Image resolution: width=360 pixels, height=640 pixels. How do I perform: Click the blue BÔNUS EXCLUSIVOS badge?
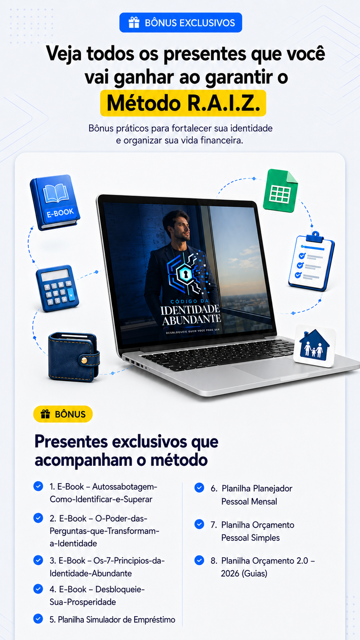[181, 23]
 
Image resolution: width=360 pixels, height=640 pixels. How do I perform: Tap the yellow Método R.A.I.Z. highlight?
[183, 103]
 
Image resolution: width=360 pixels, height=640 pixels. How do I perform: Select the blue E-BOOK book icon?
[55, 202]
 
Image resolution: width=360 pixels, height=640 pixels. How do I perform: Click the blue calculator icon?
[57, 288]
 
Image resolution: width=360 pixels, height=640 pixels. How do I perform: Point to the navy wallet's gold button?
[84, 360]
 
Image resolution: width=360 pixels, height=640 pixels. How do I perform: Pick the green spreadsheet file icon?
[280, 191]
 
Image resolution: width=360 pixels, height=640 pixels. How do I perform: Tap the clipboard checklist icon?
[311, 261]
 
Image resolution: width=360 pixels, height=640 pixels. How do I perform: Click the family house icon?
[314, 346]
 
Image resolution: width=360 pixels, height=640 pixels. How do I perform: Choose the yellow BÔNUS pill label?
[63, 414]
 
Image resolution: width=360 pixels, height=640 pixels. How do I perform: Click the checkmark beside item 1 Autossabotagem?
[38, 486]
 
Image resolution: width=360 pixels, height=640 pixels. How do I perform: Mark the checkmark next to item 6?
[199, 488]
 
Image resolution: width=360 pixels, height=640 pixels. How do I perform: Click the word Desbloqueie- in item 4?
[120, 589]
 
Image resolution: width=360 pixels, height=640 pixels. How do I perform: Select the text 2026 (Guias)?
[244, 573]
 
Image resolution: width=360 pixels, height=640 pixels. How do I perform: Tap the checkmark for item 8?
[199, 560]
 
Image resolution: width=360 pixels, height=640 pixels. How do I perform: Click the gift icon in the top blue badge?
[134, 23]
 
